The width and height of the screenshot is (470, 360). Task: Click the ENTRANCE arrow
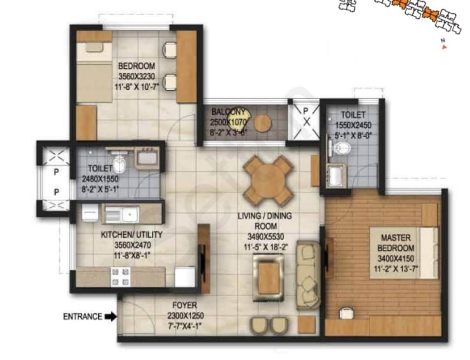(111, 316)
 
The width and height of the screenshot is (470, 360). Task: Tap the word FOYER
(184, 305)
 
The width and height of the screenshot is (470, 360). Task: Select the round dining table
(268, 181)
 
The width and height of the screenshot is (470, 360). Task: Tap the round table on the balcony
(262, 123)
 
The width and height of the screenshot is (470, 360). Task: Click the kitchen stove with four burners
(121, 277)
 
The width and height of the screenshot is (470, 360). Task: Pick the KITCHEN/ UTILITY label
(131, 235)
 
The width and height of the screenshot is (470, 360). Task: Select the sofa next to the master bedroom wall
(308, 275)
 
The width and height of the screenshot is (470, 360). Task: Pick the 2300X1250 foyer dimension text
(184, 316)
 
